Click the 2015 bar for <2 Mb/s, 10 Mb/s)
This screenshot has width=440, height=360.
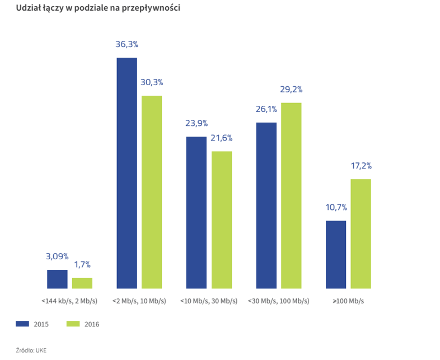click(127, 173)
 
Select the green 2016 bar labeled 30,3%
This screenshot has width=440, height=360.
click(152, 192)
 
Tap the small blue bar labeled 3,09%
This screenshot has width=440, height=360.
click(57, 279)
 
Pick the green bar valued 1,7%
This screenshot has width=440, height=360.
click(82, 283)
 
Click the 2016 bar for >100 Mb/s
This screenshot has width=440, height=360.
click(361, 233)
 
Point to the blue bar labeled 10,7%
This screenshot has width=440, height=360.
click(336, 255)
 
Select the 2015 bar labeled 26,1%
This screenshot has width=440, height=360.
click(266, 205)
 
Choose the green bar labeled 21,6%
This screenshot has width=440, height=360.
click(222, 220)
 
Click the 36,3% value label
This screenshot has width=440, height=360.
click(127, 44)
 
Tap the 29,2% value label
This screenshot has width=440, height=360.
click(291, 90)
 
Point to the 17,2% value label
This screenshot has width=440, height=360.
click(361, 166)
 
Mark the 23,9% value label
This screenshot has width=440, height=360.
click(196, 123)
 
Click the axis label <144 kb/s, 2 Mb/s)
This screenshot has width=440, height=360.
click(69, 301)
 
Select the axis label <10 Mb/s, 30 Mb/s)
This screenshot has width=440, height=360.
click(209, 301)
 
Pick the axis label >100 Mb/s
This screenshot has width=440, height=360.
click(348, 301)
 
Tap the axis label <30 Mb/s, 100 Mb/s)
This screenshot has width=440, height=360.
click(279, 301)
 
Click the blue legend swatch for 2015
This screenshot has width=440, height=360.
click(22, 324)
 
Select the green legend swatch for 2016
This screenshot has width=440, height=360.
click(73, 324)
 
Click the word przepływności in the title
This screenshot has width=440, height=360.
click(151, 8)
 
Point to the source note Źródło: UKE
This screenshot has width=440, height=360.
click(31, 350)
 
